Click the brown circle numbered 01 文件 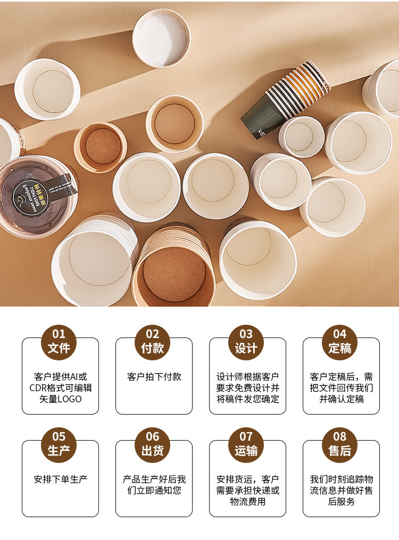(x=59, y=342)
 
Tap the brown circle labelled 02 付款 (x=153, y=342)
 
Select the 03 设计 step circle (x=246, y=342)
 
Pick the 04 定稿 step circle (x=339, y=342)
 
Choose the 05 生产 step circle (x=59, y=444)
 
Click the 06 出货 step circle (x=153, y=444)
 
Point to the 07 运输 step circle (x=246, y=444)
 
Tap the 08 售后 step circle (x=339, y=444)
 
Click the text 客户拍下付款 (x=154, y=377)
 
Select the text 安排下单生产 (x=60, y=479)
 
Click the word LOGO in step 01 (x=70, y=399)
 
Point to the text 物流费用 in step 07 (x=248, y=502)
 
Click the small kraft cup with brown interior (x=101, y=147)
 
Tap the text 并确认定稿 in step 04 (x=342, y=399)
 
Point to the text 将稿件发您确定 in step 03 (x=248, y=399)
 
